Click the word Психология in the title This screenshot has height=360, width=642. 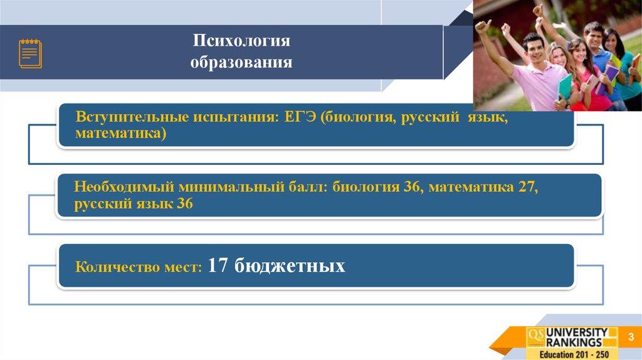[241, 41]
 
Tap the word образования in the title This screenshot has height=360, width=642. [241, 63]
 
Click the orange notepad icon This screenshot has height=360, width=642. [30, 53]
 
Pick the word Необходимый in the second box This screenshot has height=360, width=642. [124, 188]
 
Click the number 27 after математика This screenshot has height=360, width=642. [527, 188]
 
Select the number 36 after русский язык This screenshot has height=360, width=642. [184, 204]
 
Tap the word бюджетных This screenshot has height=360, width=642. [290, 266]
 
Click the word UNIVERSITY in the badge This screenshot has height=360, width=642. [576, 332]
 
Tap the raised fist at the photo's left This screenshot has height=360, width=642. [482, 26]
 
